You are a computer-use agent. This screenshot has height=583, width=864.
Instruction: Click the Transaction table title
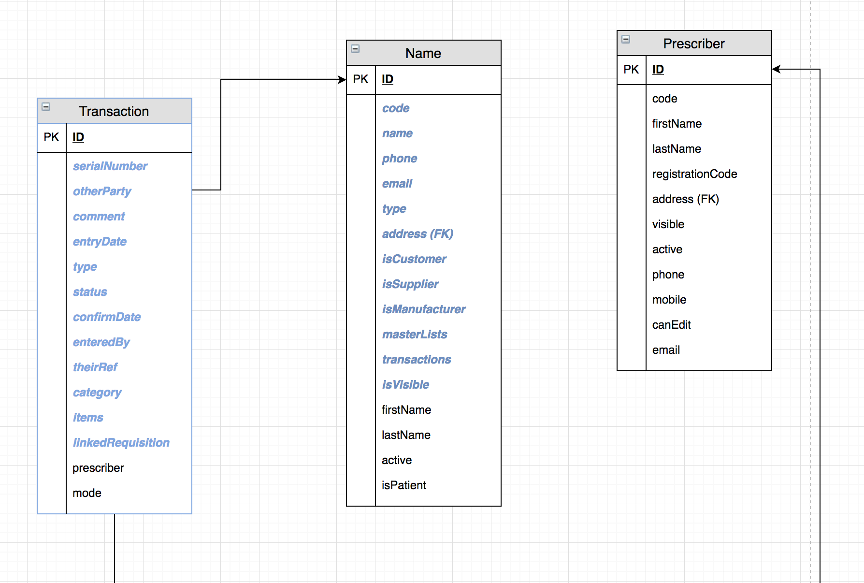click(x=114, y=111)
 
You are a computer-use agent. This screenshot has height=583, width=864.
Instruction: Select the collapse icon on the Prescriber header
click(x=626, y=39)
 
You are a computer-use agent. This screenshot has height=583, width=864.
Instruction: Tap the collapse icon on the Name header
click(x=355, y=49)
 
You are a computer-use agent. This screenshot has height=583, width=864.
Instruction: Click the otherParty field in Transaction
click(x=102, y=191)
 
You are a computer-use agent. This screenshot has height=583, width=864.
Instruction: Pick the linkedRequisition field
click(x=121, y=443)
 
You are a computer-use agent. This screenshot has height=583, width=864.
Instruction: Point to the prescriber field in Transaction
click(x=98, y=468)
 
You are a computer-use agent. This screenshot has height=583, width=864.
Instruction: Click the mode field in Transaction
click(x=87, y=493)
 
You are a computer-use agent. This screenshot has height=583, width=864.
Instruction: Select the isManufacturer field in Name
click(x=424, y=309)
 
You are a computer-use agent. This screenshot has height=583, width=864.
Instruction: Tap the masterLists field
click(x=415, y=335)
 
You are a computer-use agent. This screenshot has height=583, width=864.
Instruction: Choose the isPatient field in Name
click(x=404, y=485)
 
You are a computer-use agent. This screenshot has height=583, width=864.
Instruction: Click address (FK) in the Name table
click(x=418, y=234)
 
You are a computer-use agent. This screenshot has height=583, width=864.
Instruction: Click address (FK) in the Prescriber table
click(x=685, y=199)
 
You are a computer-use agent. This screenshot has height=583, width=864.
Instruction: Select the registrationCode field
click(x=694, y=174)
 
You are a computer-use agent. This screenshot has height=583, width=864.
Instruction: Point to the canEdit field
click(x=671, y=325)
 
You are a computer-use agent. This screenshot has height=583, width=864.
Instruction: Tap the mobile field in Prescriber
click(x=669, y=300)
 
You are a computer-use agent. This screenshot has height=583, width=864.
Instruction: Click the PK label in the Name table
click(x=360, y=79)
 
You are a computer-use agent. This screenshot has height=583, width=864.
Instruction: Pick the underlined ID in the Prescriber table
click(x=658, y=70)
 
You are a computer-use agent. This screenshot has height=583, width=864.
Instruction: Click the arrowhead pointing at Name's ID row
click(x=342, y=80)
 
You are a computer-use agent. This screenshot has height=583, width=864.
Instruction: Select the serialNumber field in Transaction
click(x=110, y=166)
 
